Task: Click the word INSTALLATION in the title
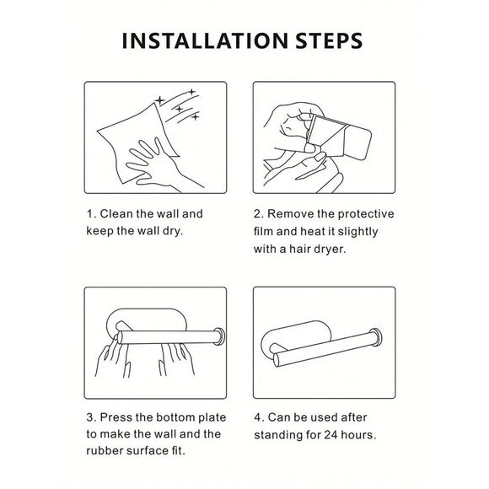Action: point(205,40)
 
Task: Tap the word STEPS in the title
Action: point(329,40)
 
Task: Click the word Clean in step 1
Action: point(116,214)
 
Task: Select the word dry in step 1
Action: point(173,231)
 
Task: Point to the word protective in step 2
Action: point(366,214)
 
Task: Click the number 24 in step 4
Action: point(330,435)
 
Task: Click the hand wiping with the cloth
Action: point(156,165)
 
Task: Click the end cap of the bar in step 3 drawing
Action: point(219,336)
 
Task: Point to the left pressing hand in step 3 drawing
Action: point(112,357)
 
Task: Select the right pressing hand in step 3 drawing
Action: point(176,358)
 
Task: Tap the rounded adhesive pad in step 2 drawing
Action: point(357,142)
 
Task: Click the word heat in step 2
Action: point(312,232)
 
